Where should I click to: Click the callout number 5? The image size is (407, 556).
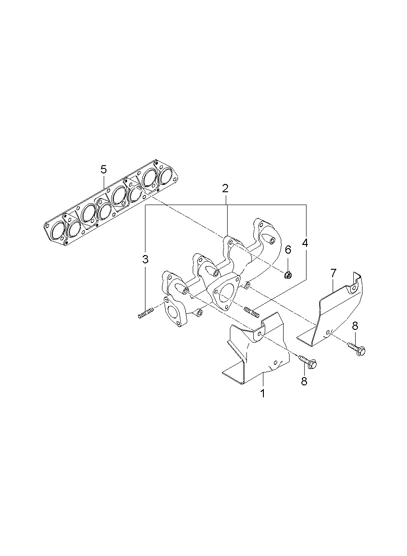coord(104,170)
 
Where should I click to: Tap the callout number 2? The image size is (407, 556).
coord(225,189)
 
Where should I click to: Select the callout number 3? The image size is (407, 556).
coord(145,259)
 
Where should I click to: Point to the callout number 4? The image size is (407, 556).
coord(305,243)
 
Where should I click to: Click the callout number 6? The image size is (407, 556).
coord(288,250)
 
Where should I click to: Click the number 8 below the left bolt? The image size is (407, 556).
coord(304,381)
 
